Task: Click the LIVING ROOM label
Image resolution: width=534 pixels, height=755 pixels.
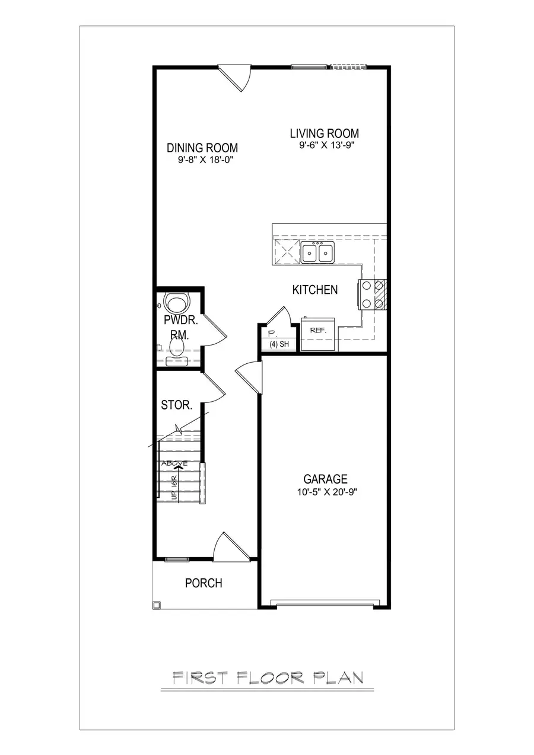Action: pyautogui.click(x=324, y=133)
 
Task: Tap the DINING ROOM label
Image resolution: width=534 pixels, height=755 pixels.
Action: pyautogui.click(x=202, y=148)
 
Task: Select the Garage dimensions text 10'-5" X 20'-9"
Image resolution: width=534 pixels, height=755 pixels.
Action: pyautogui.click(x=325, y=491)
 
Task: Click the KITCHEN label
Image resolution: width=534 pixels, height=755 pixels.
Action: pyautogui.click(x=315, y=290)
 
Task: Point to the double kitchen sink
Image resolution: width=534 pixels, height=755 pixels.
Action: pyautogui.click(x=317, y=252)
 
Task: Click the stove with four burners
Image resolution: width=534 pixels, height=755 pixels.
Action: pyautogui.click(x=371, y=295)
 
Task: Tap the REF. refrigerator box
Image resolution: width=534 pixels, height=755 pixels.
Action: pyautogui.click(x=319, y=331)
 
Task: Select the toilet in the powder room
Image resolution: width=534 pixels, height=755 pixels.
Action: pyautogui.click(x=176, y=304)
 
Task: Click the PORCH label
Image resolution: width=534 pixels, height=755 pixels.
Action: pyautogui.click(x=204, y=583)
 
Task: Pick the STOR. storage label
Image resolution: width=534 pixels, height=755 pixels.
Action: pyautogui.click(x=176, y=406)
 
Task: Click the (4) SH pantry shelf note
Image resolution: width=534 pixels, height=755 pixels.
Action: pyautogui.click(x=278, y=344)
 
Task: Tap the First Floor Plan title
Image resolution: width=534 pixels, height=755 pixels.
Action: pyautogui.click(x=267, y=677)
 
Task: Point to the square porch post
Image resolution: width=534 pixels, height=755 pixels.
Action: pyautogui.click(x=157, y=605)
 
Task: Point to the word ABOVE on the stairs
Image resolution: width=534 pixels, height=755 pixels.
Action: pyautogui.click(x=175, y=463)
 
